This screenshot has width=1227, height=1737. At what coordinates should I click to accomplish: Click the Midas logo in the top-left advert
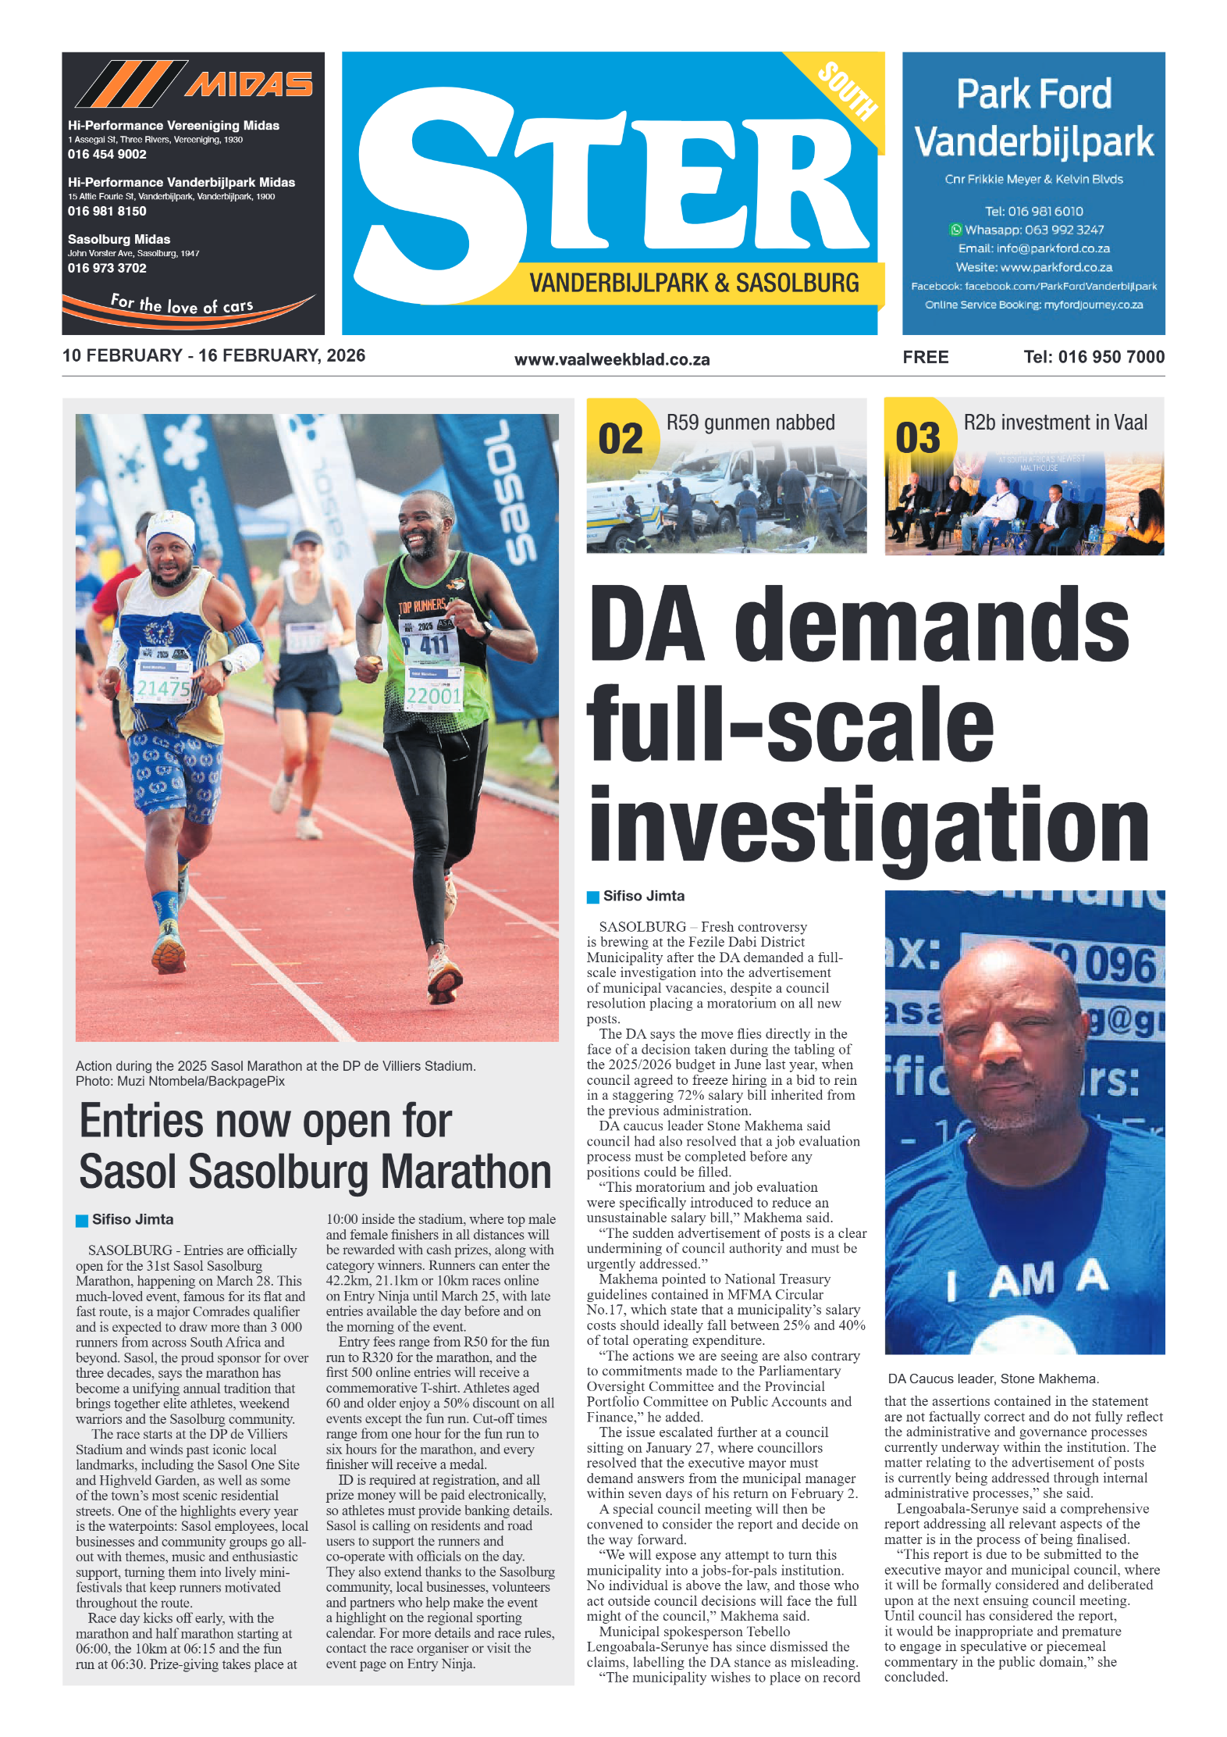(194, 84)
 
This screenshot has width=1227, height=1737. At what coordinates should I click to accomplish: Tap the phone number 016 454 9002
(107, 155)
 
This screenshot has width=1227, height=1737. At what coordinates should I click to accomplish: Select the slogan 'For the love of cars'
(182, 305)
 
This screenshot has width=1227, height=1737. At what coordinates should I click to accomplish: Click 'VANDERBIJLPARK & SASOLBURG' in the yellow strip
(694, 283)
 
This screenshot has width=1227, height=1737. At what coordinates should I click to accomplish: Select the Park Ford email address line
(1033, 248)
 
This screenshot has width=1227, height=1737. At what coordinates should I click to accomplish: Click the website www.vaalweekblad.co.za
(612, 359)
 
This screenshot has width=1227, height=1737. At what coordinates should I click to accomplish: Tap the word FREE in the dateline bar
(926, 357)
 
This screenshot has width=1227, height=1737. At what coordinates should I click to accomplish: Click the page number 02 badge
(621, 437)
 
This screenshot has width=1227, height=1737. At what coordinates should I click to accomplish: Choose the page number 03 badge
(918, 437)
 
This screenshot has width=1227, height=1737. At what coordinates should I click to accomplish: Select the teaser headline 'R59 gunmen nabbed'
(750, 423)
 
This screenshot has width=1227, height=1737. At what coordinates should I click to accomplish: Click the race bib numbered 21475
(163, 687)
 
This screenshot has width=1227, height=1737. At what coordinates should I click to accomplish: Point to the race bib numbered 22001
(433, 695)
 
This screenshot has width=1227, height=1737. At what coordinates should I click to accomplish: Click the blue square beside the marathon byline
(82, 1220)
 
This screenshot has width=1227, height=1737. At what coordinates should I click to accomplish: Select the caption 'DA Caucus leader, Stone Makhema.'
(993, 1379)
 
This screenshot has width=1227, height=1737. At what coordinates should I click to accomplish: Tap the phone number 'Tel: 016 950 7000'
(1094, 357)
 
